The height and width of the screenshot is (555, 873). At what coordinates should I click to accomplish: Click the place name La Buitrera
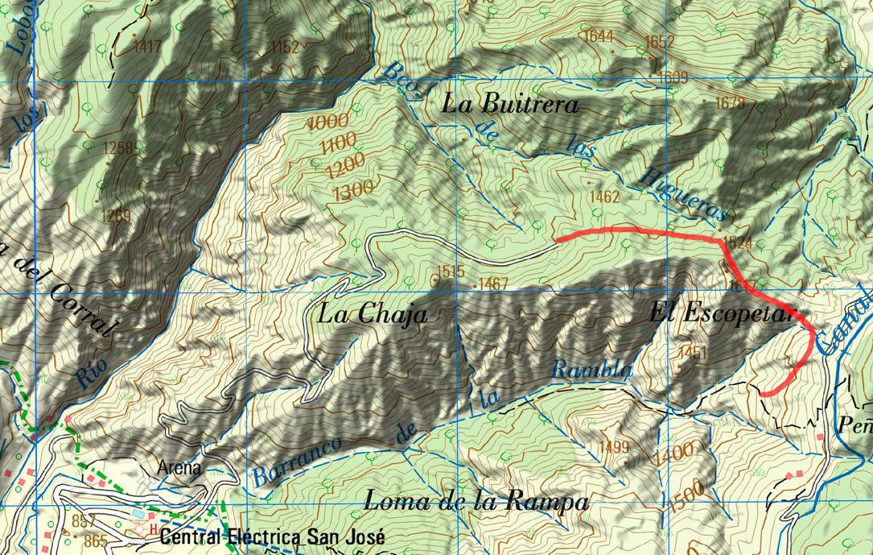pos(510,105)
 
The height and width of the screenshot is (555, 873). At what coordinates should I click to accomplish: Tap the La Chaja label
pos(373,313)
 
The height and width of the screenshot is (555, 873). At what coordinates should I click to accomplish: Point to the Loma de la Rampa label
pos(476,502)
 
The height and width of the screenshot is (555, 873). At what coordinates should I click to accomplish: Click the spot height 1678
pos(729,102)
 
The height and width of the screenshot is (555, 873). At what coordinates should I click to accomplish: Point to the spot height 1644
pos(599,35)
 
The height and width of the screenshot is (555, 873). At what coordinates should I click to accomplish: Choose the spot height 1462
pos(604,196)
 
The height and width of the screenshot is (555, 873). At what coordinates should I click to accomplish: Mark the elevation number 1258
pos(117,147)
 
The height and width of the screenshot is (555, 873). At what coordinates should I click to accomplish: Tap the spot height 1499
pos(613,447)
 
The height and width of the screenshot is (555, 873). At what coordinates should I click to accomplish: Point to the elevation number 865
pos(95,541)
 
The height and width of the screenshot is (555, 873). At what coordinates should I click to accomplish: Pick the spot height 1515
pos(451,271)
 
